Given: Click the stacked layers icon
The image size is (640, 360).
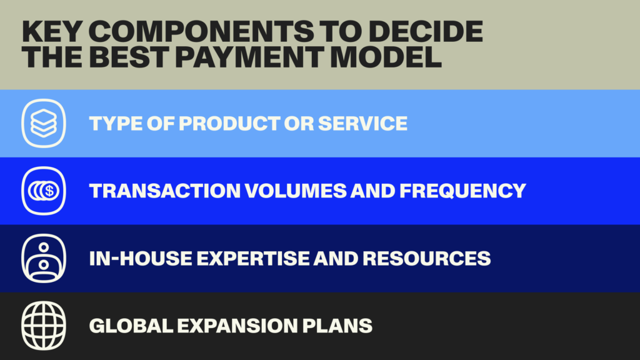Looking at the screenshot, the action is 44,123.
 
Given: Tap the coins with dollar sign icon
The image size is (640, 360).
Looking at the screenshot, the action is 44,191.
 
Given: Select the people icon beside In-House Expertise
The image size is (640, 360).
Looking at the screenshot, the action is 44,258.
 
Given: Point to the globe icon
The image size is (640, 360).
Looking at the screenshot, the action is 44,326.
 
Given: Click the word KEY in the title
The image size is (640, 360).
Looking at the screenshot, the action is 52,31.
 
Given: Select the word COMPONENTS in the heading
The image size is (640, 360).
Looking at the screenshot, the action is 201,31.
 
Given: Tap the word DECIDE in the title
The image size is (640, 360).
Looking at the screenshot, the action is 426,31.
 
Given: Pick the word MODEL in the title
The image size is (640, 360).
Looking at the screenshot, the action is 386,57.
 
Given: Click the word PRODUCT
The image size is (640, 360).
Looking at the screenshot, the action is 229,123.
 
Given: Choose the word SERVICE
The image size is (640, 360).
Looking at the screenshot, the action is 362,123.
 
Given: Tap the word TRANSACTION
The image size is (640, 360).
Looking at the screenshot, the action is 165,191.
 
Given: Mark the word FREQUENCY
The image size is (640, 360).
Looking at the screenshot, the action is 462,191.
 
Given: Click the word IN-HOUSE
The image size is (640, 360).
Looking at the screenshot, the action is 141,258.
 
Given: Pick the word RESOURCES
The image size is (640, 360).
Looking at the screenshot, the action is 426,258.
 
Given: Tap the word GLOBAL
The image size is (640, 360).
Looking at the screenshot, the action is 131,326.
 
